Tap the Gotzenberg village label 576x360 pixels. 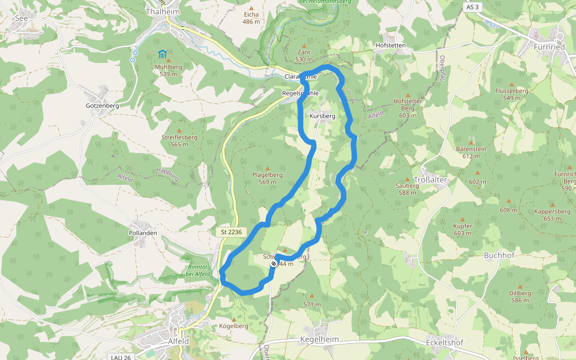coord(102,106)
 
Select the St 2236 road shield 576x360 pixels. coord(230,232)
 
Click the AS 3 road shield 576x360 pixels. coord(472,7)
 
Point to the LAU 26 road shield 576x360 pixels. coord(121,356)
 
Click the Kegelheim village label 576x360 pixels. coord(319,339)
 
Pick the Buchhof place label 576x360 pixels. coord(499,255)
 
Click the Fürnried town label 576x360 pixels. coord(549,46)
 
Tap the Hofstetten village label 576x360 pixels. coord(391,46)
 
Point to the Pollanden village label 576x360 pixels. coord(143,233)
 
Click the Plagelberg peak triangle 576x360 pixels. coord(268,168)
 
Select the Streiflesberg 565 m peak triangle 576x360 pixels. coord(179,130)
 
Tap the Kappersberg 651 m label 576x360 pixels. coord(551,215)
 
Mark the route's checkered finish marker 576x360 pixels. coord(274,263)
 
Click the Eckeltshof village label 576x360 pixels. coord(444,342)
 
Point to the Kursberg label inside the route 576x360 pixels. coord(323,115)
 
